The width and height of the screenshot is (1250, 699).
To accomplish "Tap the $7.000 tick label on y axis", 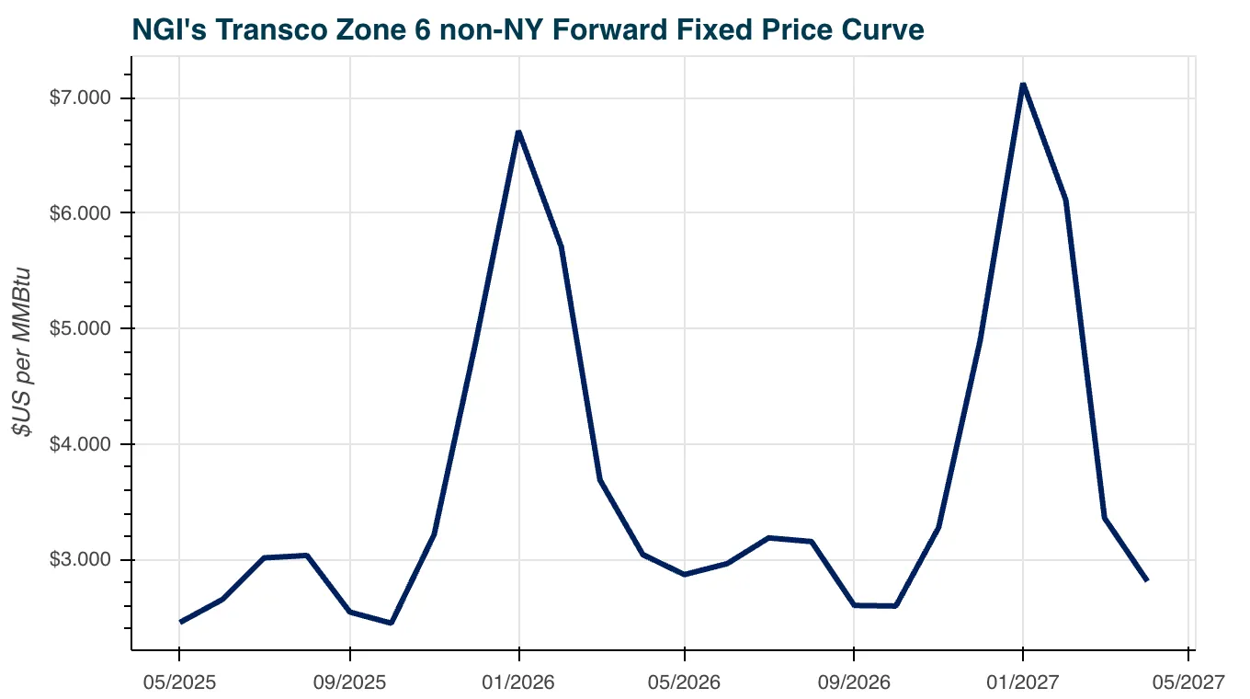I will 81,97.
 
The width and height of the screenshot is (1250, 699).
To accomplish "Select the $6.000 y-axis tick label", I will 81,212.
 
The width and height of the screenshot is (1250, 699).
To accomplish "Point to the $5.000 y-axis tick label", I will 81,328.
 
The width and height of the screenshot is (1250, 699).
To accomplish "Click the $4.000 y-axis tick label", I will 81,444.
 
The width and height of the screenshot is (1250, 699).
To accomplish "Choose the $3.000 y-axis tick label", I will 81,560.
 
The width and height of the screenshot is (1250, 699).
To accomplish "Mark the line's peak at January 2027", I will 1023,85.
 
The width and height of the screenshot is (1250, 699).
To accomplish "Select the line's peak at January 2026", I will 519,132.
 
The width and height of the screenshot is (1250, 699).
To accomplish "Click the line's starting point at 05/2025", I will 180,623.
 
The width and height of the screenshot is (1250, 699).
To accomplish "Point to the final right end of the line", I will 1147,580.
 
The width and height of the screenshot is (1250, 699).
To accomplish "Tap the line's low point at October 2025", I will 391,623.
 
